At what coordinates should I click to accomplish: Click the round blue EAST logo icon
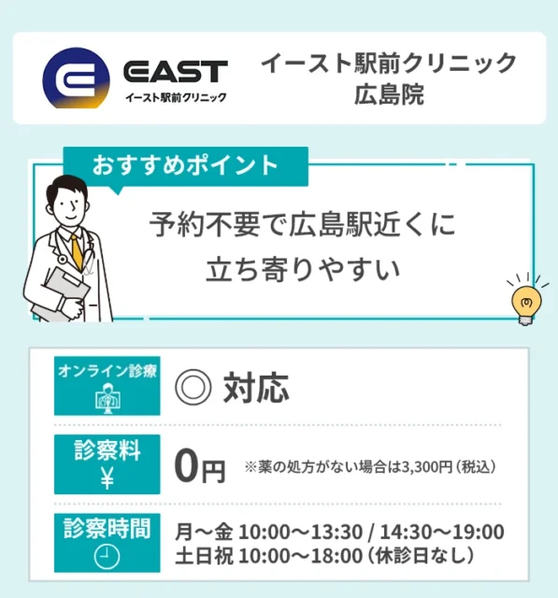76,79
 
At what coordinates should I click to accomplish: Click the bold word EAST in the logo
175,71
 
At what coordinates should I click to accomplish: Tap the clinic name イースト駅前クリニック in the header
388,64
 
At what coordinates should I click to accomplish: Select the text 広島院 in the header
388,96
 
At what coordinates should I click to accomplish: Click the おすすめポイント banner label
185,165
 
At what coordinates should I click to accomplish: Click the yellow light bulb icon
524,303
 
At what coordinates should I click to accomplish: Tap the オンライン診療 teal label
107,371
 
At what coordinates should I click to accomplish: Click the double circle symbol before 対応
193,386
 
